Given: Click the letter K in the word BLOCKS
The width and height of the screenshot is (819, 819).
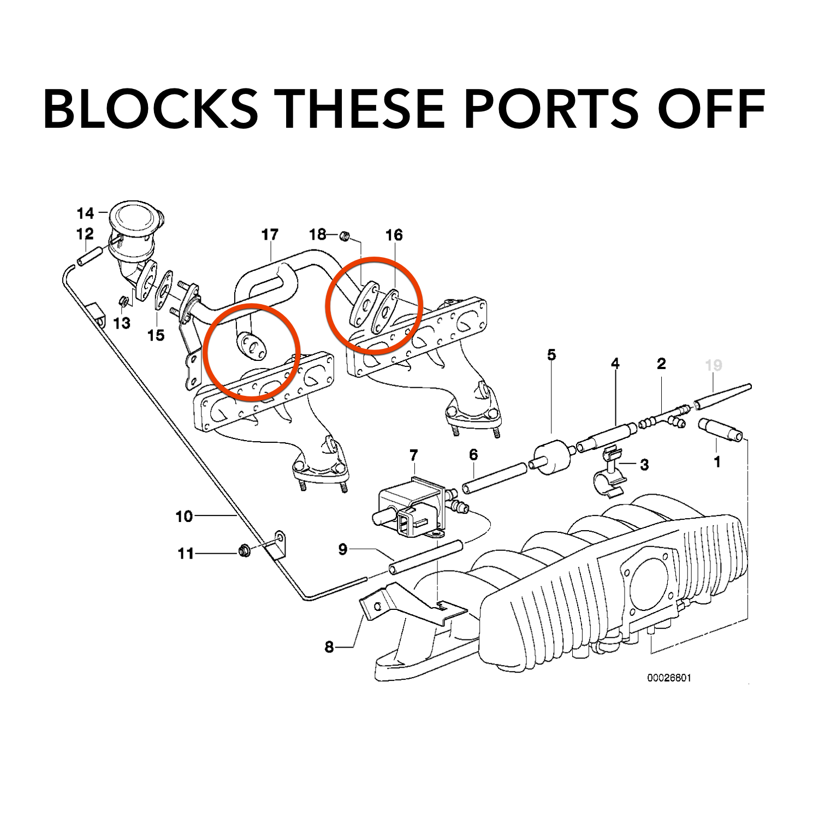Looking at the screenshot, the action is tap(202, 108).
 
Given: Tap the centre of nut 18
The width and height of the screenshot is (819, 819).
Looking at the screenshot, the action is tap(345, 236).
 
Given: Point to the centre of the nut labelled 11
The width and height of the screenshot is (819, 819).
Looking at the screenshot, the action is tap(244, 551).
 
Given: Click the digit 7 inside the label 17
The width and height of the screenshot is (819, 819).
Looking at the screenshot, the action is tap(274, 235).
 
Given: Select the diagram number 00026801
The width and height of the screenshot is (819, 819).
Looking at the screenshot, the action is tap(669, 678).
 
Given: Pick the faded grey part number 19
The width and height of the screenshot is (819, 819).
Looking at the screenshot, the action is tap(714, 365).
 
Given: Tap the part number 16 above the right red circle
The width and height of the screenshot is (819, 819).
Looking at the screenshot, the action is tap(394, 235).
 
